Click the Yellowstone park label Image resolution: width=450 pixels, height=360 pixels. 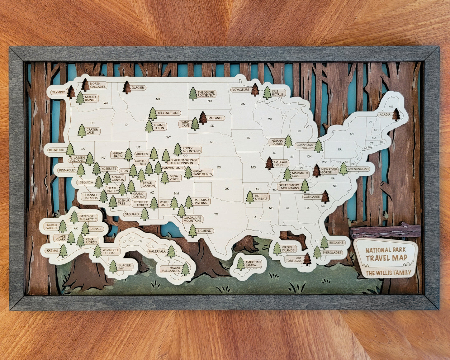click(x=168, y=113)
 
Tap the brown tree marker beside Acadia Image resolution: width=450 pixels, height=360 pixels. click(x=396, y=115)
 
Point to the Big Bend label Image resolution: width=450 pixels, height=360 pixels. click(x=204, y=231)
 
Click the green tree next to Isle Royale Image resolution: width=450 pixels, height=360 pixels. click(x=267, y=93)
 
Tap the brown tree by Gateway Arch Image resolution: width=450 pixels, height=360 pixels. click(x=269, y=163)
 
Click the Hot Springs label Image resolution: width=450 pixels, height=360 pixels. click(x=261, y=197)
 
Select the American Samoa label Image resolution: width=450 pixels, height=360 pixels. click(x=253, y=264)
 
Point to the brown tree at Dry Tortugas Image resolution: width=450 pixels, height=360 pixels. click(x=307, y=259)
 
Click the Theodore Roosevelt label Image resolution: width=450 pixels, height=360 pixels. click(x=206, y=94)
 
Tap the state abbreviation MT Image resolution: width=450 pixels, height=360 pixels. click(x=158, y=99)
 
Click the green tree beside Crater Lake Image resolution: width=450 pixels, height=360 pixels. click(x=82, y=131)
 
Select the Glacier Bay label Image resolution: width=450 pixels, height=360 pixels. click(x=125, y=267)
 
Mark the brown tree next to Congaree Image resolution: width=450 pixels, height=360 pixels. click(x=325, y=197)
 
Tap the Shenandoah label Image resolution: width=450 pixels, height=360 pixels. click(x=358, y=169)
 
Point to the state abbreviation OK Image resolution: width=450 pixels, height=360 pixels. click(x=226, y=189)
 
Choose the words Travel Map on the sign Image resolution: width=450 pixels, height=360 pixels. click(x=386, y=258)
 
